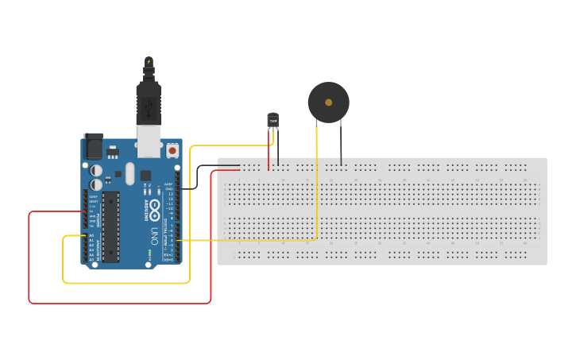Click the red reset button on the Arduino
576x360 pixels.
coord(172,149)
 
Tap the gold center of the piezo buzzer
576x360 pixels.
coord(328,103)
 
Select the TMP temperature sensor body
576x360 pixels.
coord(273,120)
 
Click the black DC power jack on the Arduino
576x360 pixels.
coord(93,147)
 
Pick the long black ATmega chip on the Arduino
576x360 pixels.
coord(110,226)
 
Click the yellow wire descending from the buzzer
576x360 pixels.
coord(317,183)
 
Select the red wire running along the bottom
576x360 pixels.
coord(119,303)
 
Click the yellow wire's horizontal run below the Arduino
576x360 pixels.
coord(127,282)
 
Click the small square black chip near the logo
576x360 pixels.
coord(145,175)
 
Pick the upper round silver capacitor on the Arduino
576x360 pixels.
coord(96,170)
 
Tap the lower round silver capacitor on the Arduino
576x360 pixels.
coord(96,184)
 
